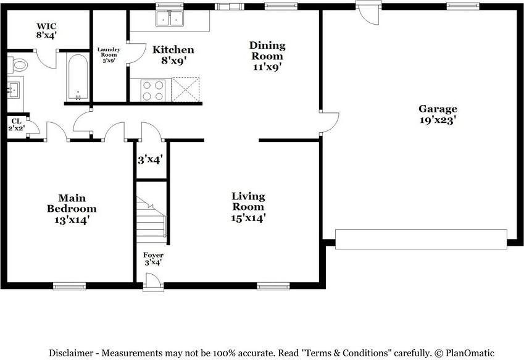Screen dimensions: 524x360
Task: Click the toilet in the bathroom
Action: (x=17, y=64)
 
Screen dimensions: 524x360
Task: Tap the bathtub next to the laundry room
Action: (x=78, y=77)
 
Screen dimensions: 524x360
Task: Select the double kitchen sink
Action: (x=170, y=18)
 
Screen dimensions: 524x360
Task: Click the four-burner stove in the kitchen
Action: (x=153, y=90)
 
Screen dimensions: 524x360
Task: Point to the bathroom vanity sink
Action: (x=14, y=90)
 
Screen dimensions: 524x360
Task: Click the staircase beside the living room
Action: (x=151, y=220)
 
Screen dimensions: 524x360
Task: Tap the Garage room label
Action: (x=438, y=109)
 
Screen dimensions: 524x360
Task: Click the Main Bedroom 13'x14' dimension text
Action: (x=72, y=220)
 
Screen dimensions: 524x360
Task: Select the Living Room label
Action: (x=248, y=201)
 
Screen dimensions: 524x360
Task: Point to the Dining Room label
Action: (x=267, y=51)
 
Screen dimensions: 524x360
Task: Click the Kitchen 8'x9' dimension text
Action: (x=173, y=61)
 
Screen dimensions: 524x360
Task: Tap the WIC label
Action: (x=46, y=26)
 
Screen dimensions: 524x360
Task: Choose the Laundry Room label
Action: (x=109, y=52)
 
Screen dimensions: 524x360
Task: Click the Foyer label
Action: (x=154, y=255)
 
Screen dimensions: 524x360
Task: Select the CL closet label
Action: (x=16, y=121)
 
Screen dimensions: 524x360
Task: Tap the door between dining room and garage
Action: (x=329, y=123)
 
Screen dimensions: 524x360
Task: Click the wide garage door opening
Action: (x=421, y=239)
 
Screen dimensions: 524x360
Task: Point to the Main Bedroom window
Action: (x=70, y=286)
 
